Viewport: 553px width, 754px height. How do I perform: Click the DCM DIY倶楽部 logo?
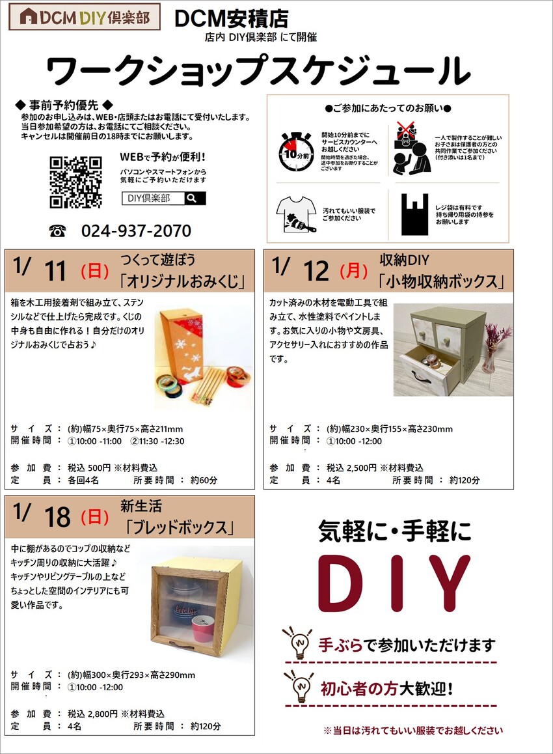[85, 18]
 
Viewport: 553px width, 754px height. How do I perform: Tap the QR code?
[75, 182]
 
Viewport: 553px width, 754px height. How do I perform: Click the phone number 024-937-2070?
[136, 230]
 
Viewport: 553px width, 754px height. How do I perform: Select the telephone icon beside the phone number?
[57, 231]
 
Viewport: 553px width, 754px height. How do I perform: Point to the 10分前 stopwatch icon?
[297, 152]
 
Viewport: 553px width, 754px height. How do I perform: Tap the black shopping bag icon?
[414, 214]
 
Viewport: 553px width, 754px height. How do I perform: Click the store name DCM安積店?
[231, 18]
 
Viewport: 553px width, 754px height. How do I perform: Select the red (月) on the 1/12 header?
[354, 271]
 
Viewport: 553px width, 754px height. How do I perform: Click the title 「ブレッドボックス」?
[180, 527]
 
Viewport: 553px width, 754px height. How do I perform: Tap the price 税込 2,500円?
[352, 468]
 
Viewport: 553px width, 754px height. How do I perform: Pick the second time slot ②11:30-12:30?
[157, 441]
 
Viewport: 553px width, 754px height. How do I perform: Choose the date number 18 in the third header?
[57, 517]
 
